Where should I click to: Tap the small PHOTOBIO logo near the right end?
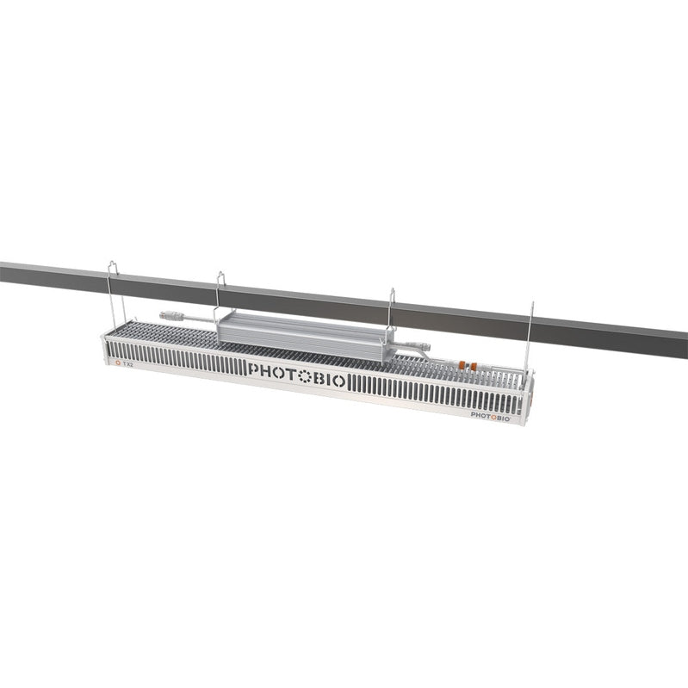pos(491,414)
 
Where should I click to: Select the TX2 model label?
pos(128,364)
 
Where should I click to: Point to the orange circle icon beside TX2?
pos(118,363)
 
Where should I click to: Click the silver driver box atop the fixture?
pos(301,328)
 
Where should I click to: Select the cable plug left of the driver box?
pos(175,316)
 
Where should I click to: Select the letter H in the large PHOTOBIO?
pos(268,370)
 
